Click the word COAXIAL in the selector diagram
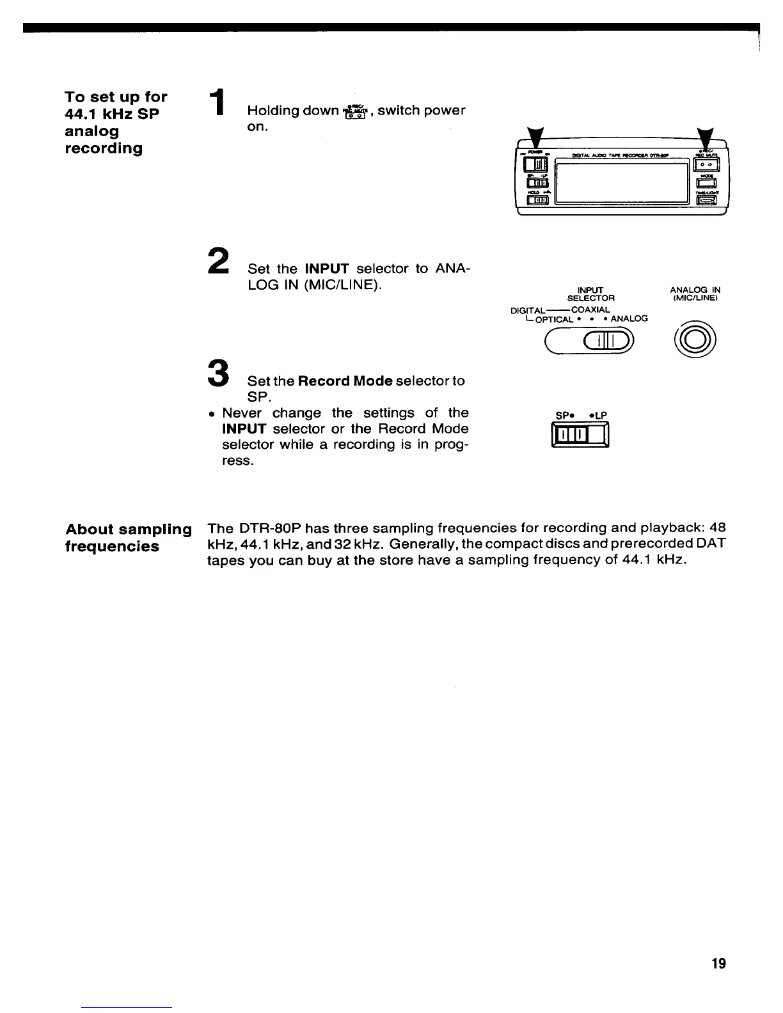coord(590,310)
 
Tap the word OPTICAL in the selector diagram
coord(555,319)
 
